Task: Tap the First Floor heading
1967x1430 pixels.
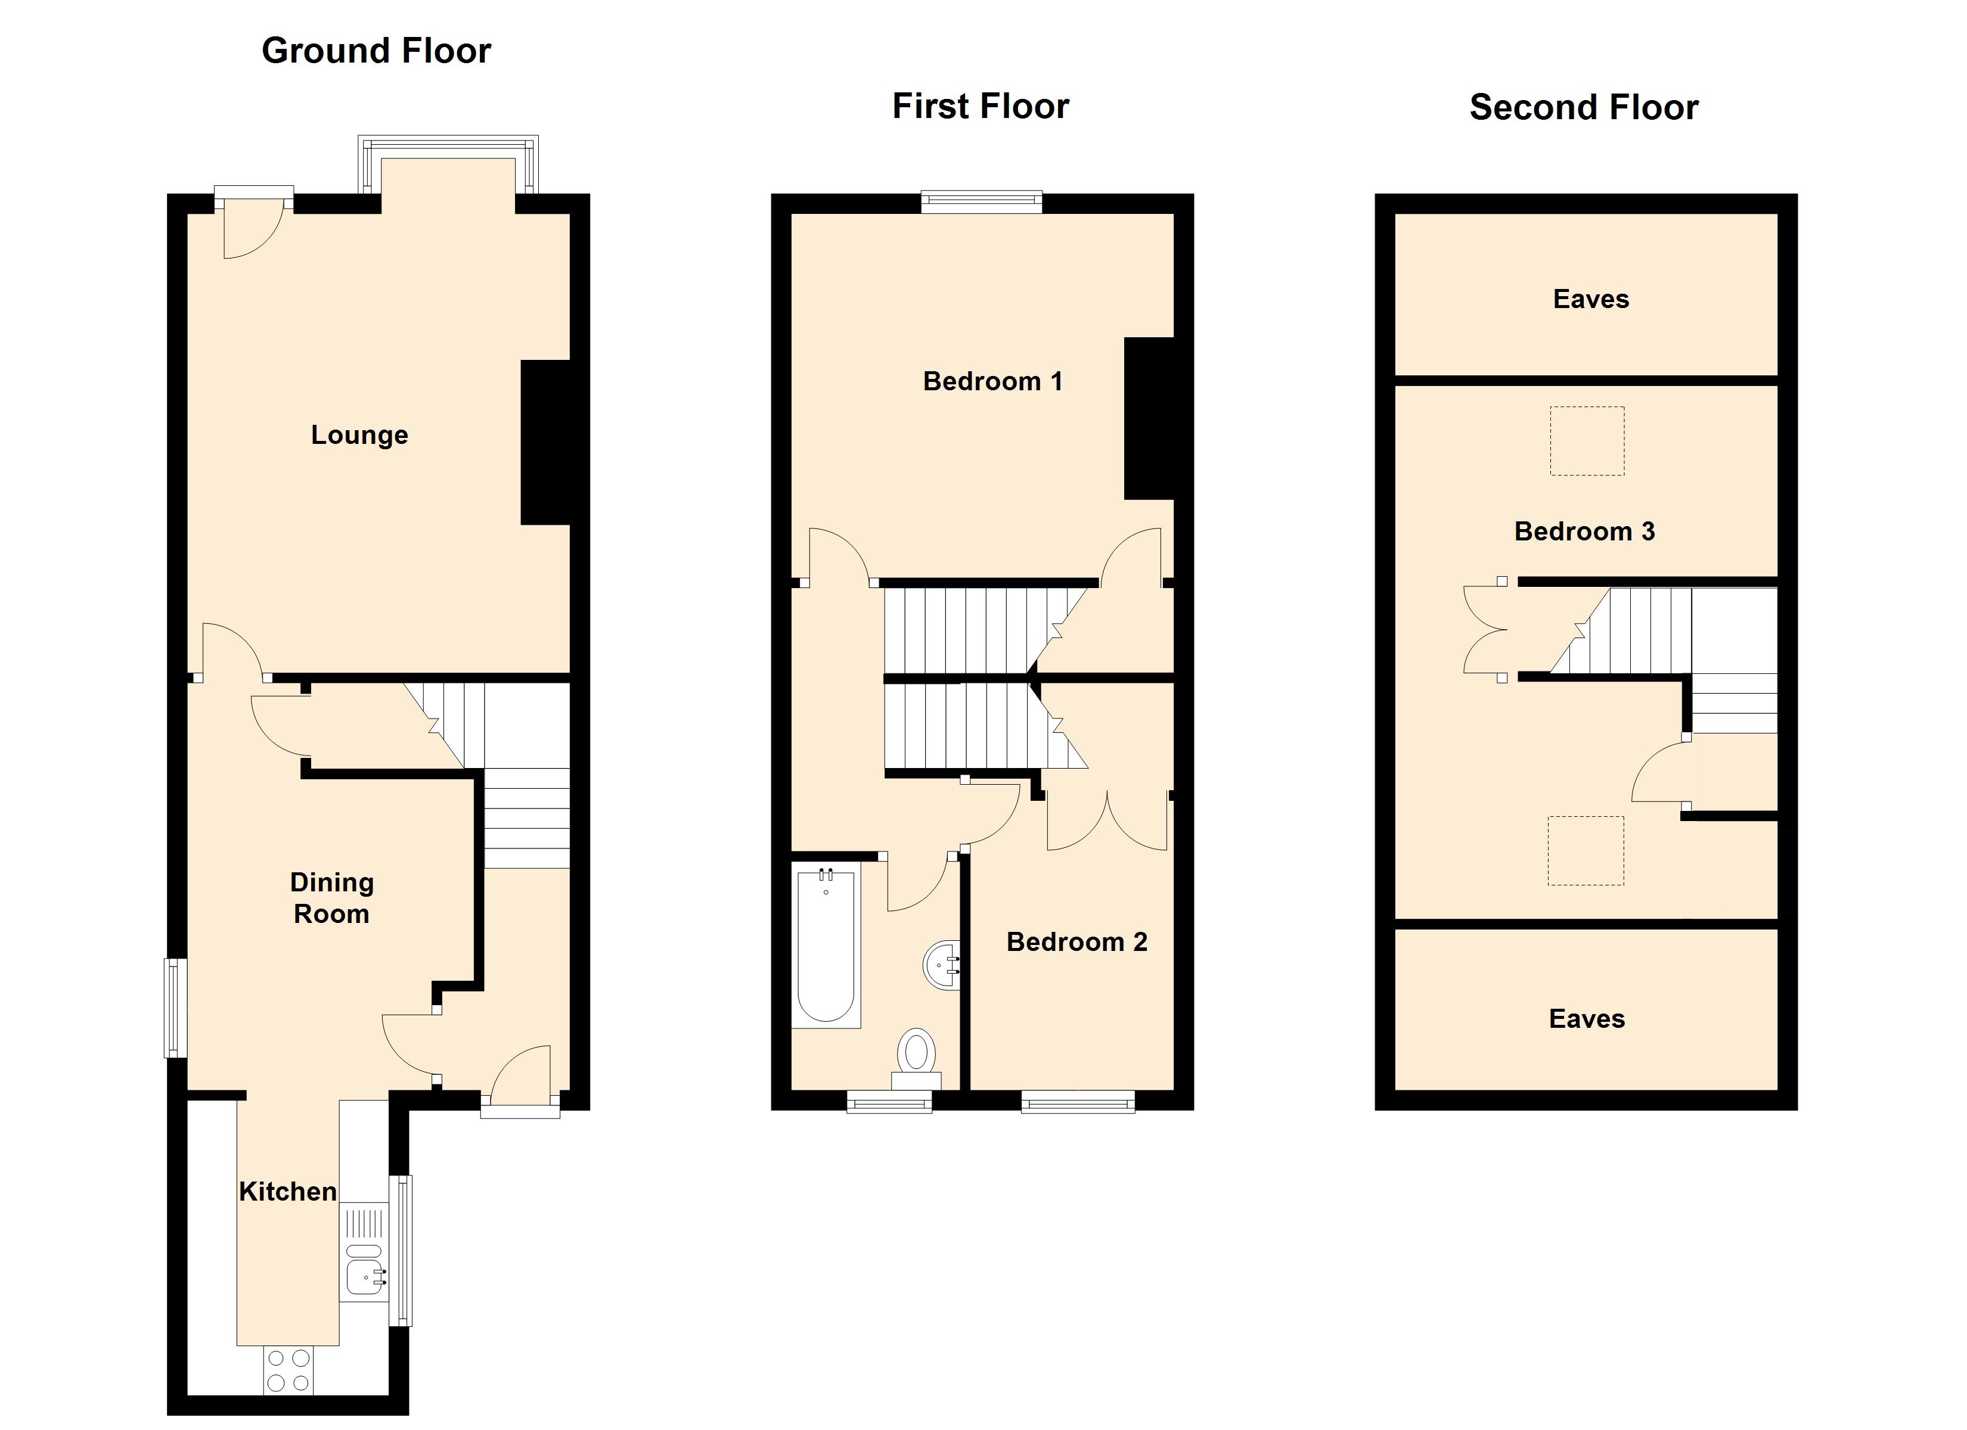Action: pyautogui.click(x=981, y=107)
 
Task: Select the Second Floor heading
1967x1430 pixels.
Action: pyautogui.click(x=1584, y=107)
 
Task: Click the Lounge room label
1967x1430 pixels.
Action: pyautogui.click(x=359, y=434)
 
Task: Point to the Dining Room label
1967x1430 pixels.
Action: pyautogui.click(x=331, y=897)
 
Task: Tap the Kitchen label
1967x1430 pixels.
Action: pyautogui.click(x=288, y=1192)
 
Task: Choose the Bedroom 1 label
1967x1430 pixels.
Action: pyautogui.click(x=992, y=381)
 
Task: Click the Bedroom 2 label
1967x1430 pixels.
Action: pyautogui.click(x=1076, y=942)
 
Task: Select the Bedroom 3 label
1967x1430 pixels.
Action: pyautogui.click(x=1584, y=531)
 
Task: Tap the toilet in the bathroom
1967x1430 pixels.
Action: pyautogui.click(x=916, y=1059)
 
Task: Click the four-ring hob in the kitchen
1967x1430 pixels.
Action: pyautogui.click(x=288, y=1370)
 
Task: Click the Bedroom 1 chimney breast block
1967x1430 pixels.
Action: pyautogui.click(x=1149, y=418)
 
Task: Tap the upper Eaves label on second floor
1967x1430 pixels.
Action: pyautogui.click(x=1591, y=299)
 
